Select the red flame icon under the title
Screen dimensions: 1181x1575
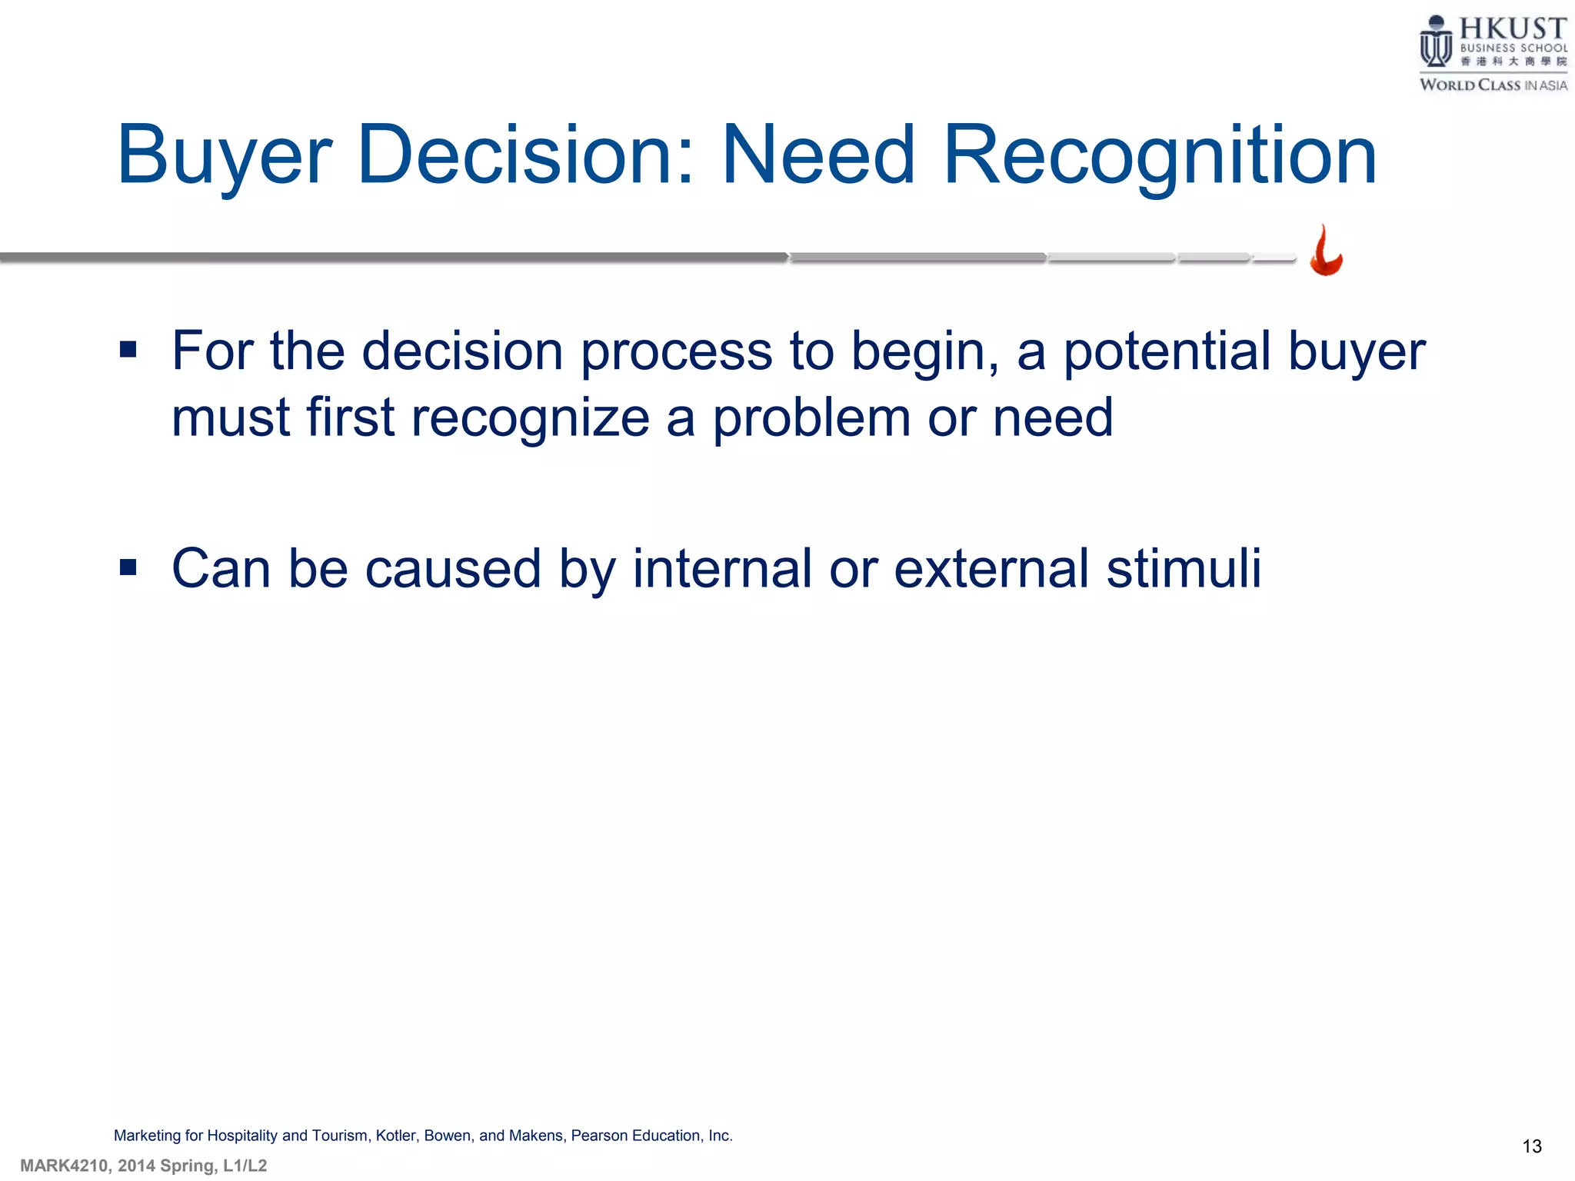coord(1326,251)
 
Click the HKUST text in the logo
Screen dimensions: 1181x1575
coord(1512,29)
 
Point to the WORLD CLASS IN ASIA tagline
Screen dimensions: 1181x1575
coord(1493,85)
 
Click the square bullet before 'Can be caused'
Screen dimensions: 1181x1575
coord(128,569)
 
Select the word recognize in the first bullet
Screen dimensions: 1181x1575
coord(531,418)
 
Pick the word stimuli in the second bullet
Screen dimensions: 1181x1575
coord(1184,569)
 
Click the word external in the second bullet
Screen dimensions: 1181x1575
coord(991,569)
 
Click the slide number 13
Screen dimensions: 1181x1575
coord(1531,1146)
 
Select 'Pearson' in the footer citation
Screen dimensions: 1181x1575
coord(599,1136)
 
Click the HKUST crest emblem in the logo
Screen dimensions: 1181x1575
coord(1435,43)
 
